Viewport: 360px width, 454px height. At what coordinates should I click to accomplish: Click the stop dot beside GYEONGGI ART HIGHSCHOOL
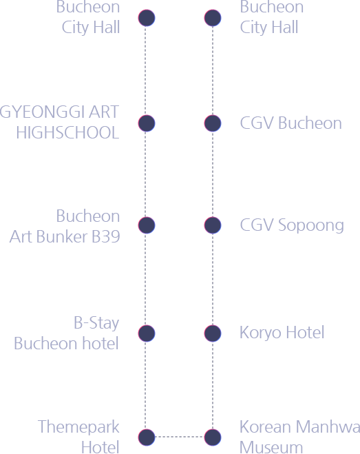tap(147, 123)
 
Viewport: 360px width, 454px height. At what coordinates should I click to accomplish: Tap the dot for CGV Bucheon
tap(213, 123)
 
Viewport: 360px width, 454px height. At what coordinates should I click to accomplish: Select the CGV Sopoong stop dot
tap(213, 225)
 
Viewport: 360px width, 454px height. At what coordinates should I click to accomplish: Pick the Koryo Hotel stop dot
tap(213, 333)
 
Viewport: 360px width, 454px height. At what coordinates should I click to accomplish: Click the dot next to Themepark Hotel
tap(147, 437)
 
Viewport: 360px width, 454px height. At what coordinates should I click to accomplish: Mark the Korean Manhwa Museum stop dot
tap(213, 437)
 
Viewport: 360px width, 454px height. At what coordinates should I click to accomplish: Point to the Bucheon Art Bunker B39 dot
tap(147, 225)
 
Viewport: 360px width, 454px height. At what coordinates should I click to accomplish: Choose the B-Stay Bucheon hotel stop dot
tap(147, 333)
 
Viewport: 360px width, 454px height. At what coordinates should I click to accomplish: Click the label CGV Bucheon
tap(291, 123)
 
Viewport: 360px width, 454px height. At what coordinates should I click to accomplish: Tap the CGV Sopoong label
tap(292, 226)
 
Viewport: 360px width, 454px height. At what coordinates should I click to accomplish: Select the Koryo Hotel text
tap(282, 333)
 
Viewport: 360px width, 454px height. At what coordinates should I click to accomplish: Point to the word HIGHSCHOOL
tap(67, 132)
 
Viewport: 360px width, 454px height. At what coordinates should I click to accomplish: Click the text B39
tap(105, 236)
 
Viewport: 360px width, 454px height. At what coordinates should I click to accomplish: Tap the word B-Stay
tap(96, 323)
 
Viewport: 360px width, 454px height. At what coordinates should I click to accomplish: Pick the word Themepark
tap(78, 427)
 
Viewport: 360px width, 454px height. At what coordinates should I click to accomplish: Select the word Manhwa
tap(328, 426)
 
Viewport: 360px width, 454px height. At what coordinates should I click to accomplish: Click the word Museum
tap(271, 447)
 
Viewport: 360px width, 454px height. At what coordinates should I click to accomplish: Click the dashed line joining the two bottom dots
tap(180, 437)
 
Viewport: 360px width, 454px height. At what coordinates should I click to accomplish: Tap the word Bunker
tap(62, 236)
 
